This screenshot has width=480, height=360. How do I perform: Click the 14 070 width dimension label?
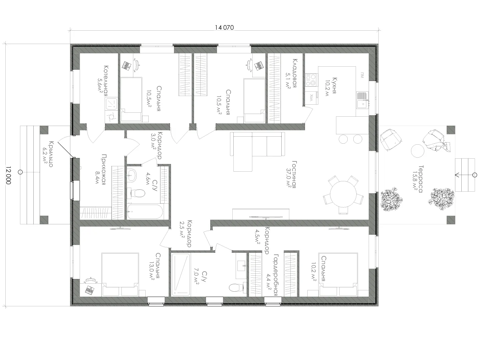click(224, 28)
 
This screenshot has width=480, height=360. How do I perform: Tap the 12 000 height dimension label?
click(8, 175)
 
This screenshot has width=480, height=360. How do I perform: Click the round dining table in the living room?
click(343, 194)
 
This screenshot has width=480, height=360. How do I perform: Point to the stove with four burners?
click(312, 80)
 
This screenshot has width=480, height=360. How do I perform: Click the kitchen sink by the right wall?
click(363, 100)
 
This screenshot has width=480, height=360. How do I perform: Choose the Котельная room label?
click(106, 81)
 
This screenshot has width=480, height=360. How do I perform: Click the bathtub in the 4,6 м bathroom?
click(145, 211)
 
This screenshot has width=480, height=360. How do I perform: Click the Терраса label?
click(420, 179)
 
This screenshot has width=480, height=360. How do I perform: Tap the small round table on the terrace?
click(417, 151)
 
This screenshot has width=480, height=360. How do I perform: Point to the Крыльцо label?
click(51, 154)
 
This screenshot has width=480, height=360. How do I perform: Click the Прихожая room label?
click(104, 170)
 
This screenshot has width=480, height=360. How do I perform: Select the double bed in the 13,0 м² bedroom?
click(120, 275)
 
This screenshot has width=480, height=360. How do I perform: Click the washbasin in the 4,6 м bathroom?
click(132, 175)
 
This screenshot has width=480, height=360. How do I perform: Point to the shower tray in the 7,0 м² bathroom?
click(181, 275)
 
